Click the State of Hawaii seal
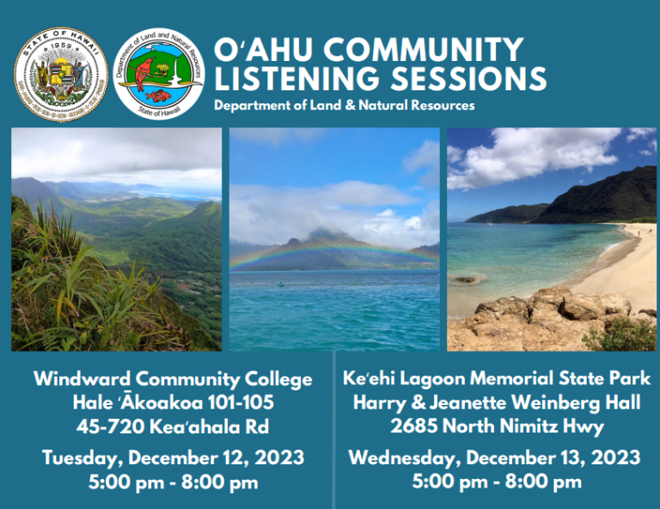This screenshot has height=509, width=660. click(x=61, y=73)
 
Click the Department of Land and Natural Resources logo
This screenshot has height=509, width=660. click(x=158, y=73)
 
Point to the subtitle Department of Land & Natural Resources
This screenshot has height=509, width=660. click(x=344, y=106)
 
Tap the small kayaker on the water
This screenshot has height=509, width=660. click(x=279, y=285)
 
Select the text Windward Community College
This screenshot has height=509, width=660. click(x=173, y=378)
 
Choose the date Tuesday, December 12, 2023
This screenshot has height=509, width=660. click(x=173, y=457)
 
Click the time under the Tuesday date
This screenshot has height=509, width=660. click(x=173, y=481)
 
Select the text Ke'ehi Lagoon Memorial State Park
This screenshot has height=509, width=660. click(x=497, y=378)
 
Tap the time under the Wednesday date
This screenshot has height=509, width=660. click(x=497, y=481)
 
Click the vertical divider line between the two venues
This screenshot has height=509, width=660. click(x=333, y=430)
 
